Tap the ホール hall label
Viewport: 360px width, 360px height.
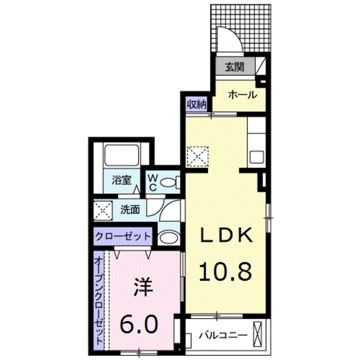[242, 94]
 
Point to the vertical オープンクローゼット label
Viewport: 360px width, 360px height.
[99, 300]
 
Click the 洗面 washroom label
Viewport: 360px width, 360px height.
[130, 210]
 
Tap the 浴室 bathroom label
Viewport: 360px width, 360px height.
[121, 181]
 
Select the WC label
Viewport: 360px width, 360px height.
[152, 182]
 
